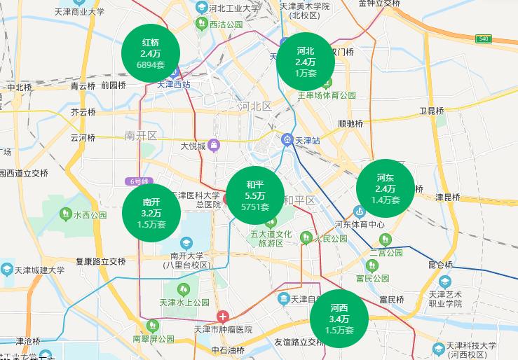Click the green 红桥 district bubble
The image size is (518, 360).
[x=150, y=53]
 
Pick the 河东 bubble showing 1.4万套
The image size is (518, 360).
[x=385, y=188]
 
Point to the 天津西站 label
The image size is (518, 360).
[x=173, y=84]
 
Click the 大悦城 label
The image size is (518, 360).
[x=193, y=146]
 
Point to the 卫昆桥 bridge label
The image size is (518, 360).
[x=431, y=111]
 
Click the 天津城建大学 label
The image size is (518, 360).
[x=41, y=270]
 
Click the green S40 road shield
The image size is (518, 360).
[x=483, y=39]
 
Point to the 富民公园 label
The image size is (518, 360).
[x=372, y=278]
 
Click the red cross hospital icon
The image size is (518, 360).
[x=222, y=316]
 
